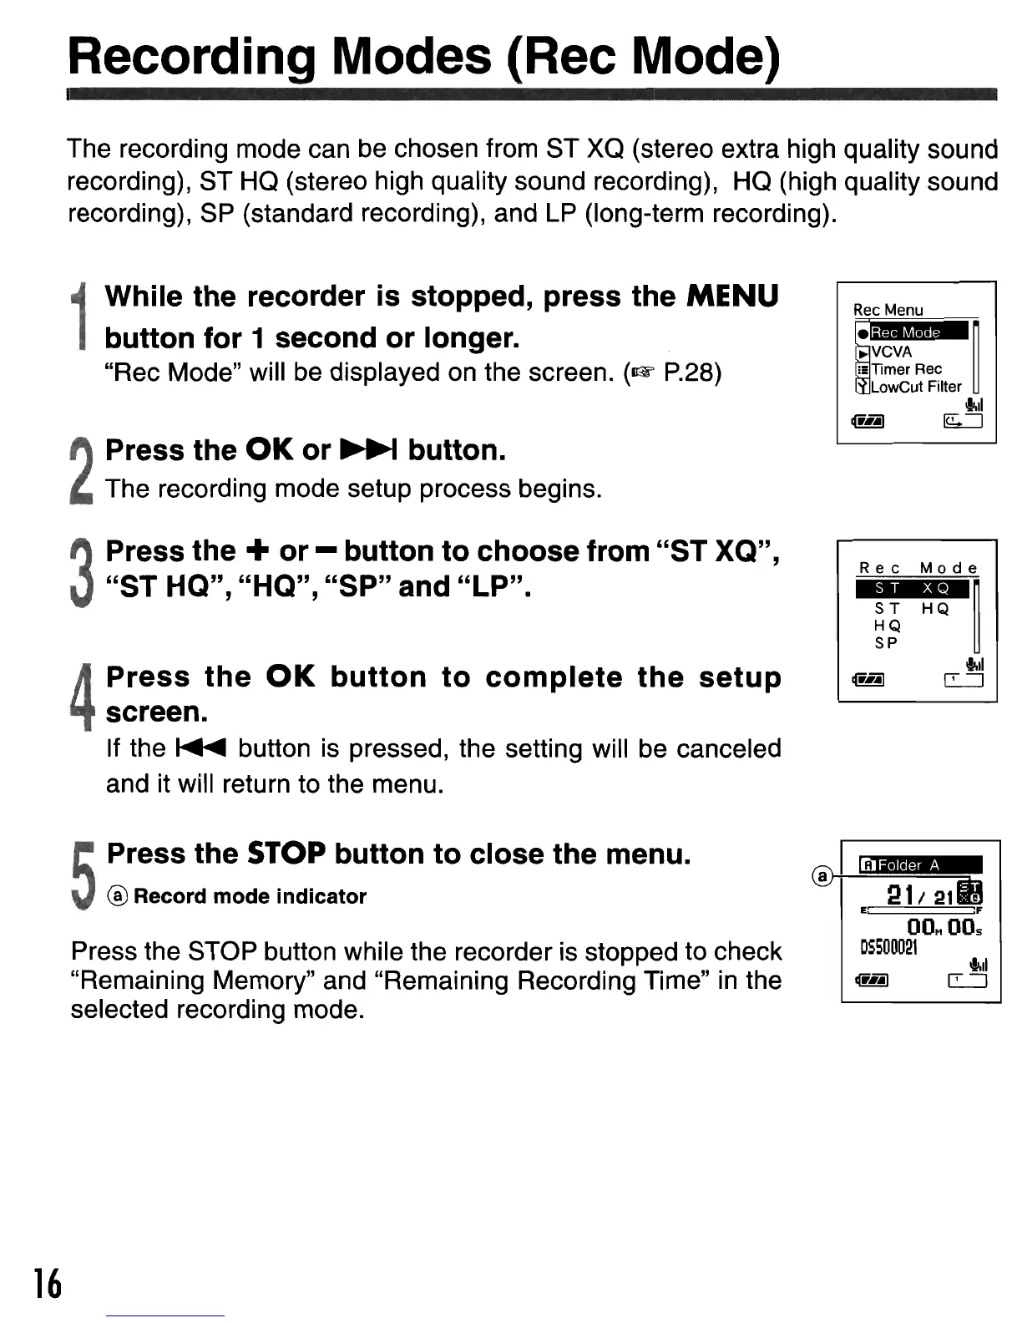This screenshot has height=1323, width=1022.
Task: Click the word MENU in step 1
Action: (732, 297)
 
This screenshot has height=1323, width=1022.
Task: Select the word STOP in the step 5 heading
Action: (286, 854)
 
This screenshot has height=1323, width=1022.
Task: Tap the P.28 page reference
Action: (691, 373)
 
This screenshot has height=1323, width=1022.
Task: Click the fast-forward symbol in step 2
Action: (369, 451)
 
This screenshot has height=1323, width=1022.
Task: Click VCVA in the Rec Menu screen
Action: (891, 352)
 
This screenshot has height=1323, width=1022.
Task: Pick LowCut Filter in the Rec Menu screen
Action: (915, 387)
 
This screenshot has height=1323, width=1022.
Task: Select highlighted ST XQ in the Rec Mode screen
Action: (912, 589)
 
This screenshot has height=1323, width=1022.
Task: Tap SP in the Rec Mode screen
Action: (886, 643)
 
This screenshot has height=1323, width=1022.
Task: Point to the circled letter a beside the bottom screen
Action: (822, 875)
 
